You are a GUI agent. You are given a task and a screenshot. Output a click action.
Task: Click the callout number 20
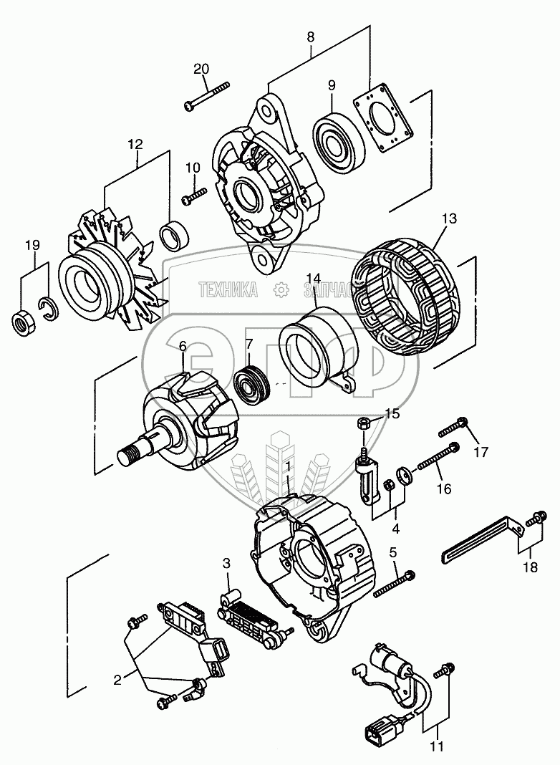coord(201,69)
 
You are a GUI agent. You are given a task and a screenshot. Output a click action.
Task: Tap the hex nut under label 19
coord(21,322)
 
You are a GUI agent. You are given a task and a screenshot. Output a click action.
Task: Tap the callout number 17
coord(481,452)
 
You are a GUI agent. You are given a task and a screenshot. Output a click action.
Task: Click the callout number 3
coord(226,564)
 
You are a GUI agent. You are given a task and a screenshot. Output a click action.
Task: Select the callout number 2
coord(117,679)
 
